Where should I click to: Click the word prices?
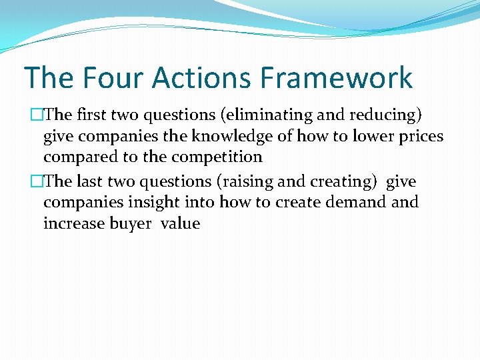pyautogui.click(x=420, y=137)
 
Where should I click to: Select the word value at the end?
pyautogui.click(x=180, y=223)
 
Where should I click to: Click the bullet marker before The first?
pyautogui.click(x=27, y=115)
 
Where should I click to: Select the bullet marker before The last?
pyautogui.click(x=27, y=181)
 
